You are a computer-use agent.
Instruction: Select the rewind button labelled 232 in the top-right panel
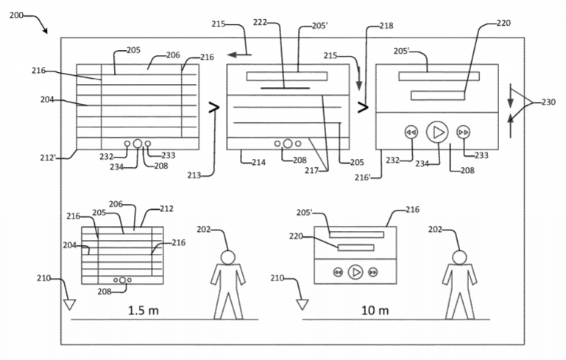411,133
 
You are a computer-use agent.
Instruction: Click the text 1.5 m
143,310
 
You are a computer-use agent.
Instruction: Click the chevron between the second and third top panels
362,107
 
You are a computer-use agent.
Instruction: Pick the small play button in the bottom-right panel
355,272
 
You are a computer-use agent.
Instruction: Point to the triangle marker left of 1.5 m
70,303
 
